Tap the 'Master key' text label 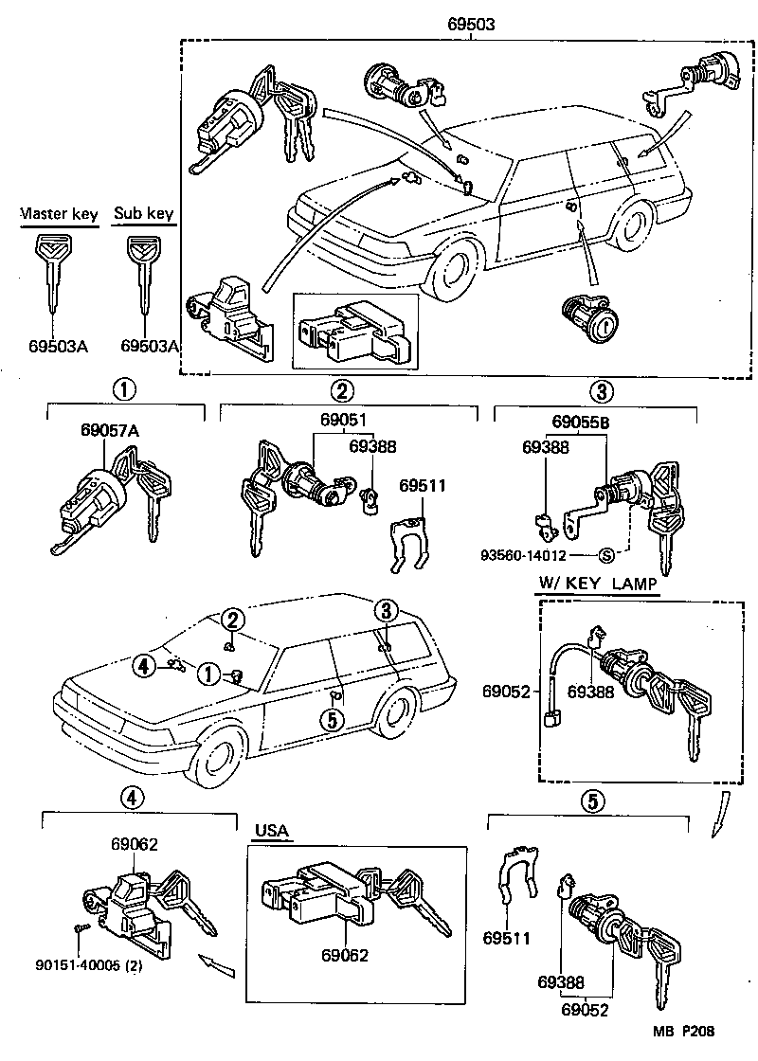[x=60, y=214]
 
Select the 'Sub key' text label [x=143, y=214]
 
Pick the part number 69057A [x=110, y=430]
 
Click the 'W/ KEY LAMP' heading [x=598, y=585]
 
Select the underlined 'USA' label [x=272, y=832]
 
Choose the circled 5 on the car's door [x=331, y=721]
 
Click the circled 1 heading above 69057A [x=123, y=389]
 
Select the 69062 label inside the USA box [x=345, y=956]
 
